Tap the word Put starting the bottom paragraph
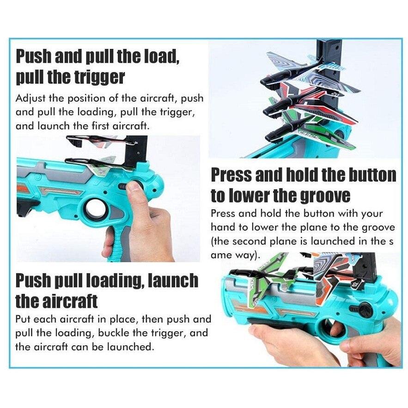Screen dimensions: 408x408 [x=23, y=319]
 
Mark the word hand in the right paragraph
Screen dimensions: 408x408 [x=221, y=227]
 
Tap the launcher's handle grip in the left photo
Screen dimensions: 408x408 [x=116, y=242]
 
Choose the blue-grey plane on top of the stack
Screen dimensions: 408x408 [x=310, y=73]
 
